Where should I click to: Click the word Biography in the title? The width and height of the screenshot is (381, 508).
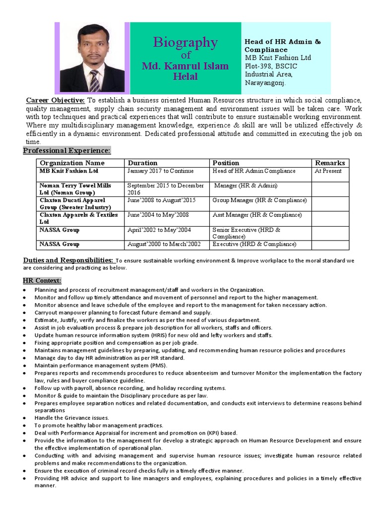point(185,43)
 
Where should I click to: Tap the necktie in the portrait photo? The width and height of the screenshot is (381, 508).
point(93,80)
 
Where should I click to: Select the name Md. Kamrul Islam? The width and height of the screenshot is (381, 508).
point(185,66)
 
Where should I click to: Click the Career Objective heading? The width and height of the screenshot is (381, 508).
point(55,100)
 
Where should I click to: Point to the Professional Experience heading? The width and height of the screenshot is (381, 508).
point(67,150)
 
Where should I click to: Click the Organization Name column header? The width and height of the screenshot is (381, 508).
point(72,163)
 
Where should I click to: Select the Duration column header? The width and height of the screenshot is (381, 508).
point(142,163)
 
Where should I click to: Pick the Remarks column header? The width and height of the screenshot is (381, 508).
point(329,163)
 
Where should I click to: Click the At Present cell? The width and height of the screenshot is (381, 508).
point(328,171)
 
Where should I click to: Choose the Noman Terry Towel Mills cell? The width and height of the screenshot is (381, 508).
point(75,186)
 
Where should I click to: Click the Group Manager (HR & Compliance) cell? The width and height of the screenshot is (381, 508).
point(259,200)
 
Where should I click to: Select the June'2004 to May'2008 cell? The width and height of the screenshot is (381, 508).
point(159,215)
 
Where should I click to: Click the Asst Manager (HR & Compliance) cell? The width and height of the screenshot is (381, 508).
point(257,215)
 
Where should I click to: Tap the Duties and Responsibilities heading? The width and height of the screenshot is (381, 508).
point(69,260)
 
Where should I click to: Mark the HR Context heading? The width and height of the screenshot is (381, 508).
point(42,280)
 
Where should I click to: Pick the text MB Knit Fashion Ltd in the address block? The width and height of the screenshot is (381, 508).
point(278,58)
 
